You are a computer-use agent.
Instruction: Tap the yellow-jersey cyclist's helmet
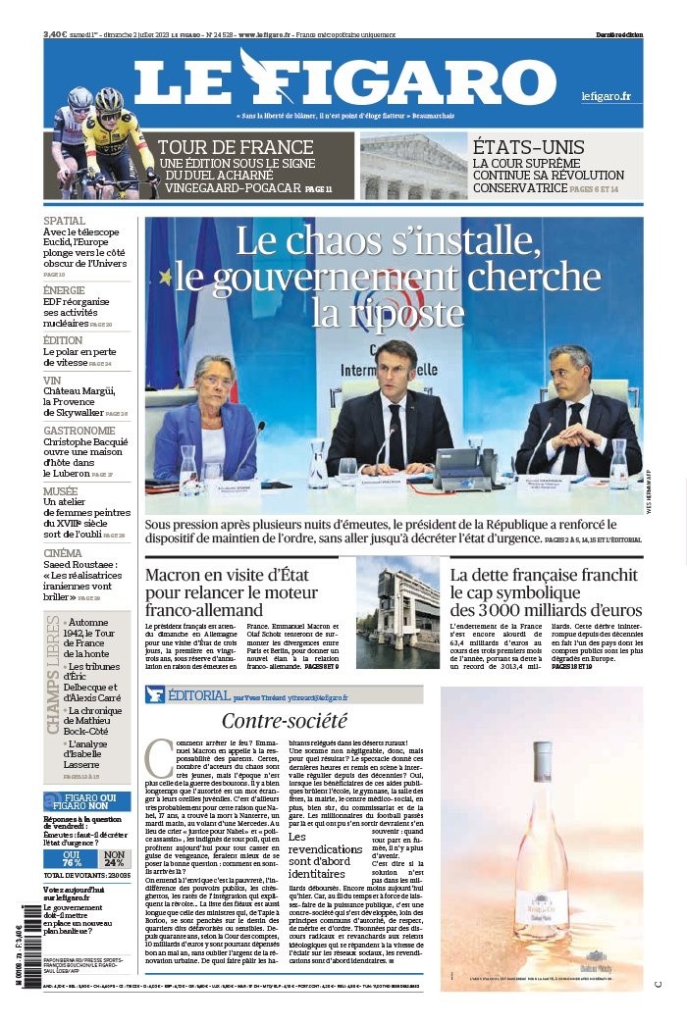coord(108,99)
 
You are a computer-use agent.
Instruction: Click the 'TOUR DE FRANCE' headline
coord(223,148)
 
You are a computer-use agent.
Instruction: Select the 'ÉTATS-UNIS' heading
coord(524,146)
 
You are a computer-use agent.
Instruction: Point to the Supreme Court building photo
coord(412,167)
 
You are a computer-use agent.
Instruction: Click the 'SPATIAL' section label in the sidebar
coord(65,221)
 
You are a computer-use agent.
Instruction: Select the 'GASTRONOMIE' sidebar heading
coord(79,430)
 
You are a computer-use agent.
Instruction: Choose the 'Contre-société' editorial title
coord(285,721)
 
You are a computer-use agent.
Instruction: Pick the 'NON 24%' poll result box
coord(115,858)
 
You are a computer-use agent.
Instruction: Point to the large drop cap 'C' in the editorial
coord(157,757)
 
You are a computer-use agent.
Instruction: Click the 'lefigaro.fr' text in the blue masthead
coord(606,96)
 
